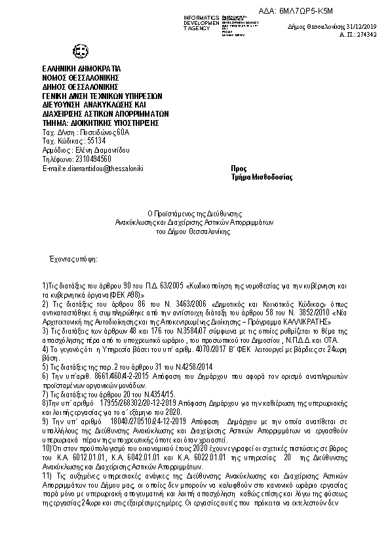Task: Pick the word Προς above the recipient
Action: (239, 168)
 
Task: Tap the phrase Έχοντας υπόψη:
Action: (73, 259)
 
